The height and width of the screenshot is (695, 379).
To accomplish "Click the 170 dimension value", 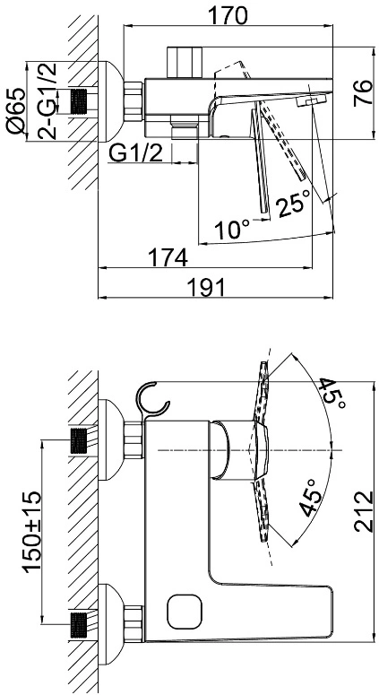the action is [228, 16].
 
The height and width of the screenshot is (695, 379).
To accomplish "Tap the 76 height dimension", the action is [364, 92].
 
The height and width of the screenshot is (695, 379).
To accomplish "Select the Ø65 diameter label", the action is [16, 109].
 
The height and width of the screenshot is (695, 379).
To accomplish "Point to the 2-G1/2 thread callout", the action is [47, 101].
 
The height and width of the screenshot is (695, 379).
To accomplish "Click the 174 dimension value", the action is [168, 257].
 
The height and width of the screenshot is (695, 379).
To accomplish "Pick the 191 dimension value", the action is [205, 288].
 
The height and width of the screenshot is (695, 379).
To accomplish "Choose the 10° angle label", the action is [233, 230].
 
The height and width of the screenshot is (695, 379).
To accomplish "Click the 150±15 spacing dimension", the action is [33, 531].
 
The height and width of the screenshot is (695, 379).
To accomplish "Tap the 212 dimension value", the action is [364, 510].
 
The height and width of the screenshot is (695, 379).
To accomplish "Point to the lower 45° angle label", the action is [311, 498].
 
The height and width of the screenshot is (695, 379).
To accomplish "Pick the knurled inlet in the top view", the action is [79, 101].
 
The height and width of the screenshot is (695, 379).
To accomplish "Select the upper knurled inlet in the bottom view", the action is [79, 440].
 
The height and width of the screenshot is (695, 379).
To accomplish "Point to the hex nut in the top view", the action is [133, 101].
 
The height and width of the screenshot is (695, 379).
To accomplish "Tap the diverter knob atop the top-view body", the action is [185, 63].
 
